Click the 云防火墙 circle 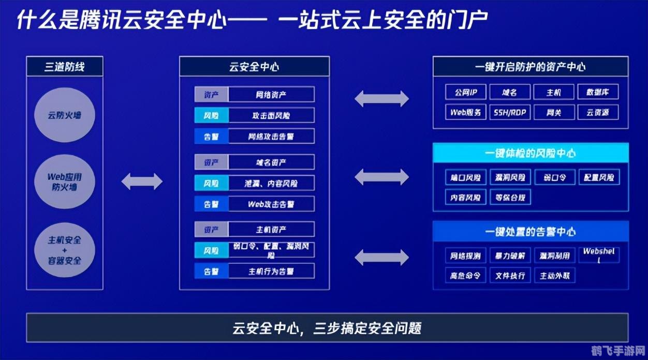(x=65, y=115)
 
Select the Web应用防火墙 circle (x=65, y=182)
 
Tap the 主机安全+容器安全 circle (x=65, y=250)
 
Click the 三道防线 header (x=65, y=67)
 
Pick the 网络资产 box (x=271, y=95)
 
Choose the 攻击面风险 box (x=271, y=115)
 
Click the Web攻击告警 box (x=271, y=204)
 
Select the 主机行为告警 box (x=271, y=271)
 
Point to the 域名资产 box (x=271, y=162)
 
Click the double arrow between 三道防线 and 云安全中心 (x=142, y=182)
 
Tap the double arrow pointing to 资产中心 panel (x=381, y=98)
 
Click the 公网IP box (x=466, y=93)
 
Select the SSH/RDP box (x=510, y=112)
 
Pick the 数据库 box (x=598, y=93)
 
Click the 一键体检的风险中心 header (x=531, y=153)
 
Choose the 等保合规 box (x=510, y=197)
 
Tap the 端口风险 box (x=466, y=177)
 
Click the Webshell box (x=598, y=255)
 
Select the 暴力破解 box (x=510, y=256)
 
